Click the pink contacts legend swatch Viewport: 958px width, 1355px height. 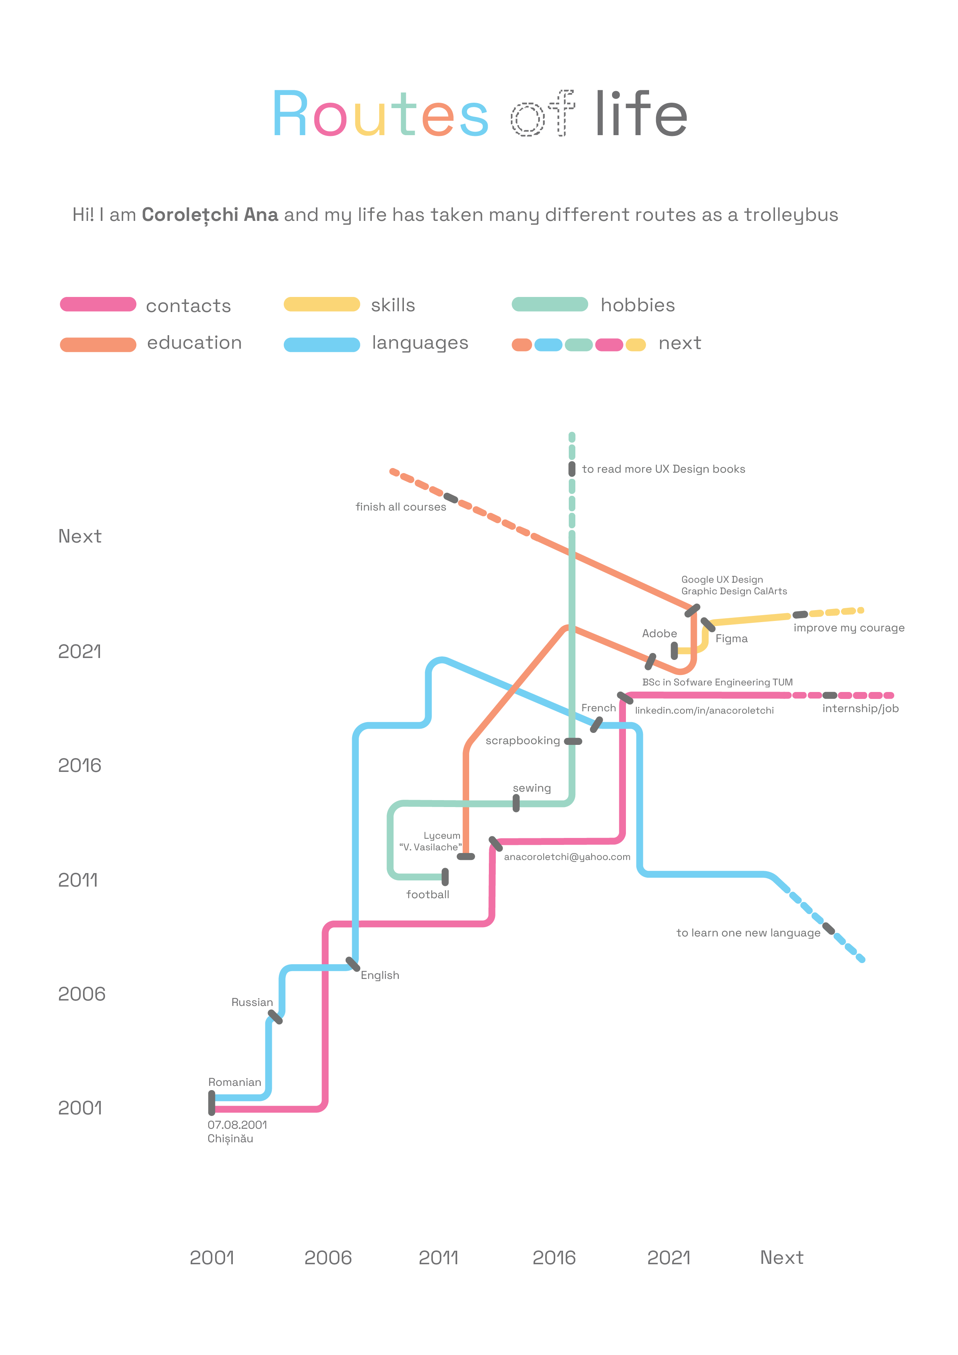[x=98, y=305]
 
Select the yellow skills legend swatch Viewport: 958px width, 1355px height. [x=322, y=305]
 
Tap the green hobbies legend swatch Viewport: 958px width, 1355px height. [x=549, y=305]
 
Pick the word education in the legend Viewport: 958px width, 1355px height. [x=194, y=343]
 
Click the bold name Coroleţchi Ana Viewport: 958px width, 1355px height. [x=210, y=215]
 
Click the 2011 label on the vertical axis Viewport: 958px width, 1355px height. [x=78, y=880]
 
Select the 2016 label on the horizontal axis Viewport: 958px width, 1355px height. [x=554, y=1258]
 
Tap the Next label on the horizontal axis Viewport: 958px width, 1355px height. [x=782, y=1258]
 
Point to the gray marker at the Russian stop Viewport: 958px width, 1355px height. [x=275, y=1017]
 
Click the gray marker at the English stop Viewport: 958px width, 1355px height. [x=353, y=964]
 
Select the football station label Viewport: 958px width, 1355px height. [x=427, y=895]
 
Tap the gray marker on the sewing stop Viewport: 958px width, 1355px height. [x=516, y=803]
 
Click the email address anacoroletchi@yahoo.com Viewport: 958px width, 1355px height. [x=567, y=857]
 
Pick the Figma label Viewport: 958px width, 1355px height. [x=731, y=639]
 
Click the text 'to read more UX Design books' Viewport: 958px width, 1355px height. [x=663, y=469]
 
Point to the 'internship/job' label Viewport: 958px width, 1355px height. [x=860, y=709]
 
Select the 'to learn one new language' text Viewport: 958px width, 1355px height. [x=748, y=933]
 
